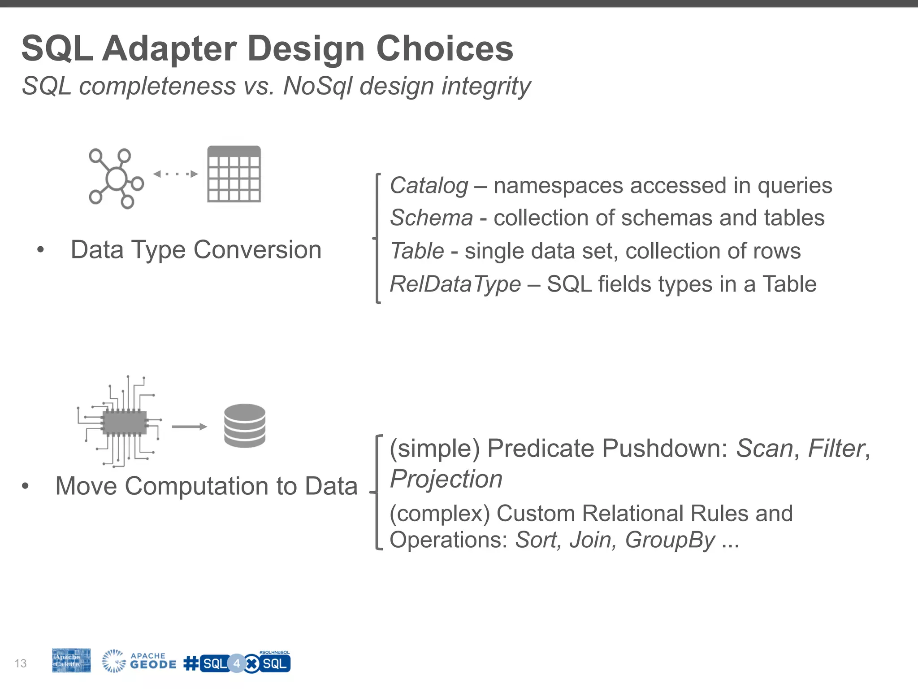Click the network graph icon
(x=116, y=179)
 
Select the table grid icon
(x=234, y=174)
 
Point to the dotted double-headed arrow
(x=175, y=174)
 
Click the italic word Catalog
(x=429, y=186)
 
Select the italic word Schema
(x=431, y=218)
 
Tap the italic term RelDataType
(x=455, y=284)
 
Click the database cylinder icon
(x=245, y=426)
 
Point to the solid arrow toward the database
(x=189, y=427)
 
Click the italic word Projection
(x=446, y=479)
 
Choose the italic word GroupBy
(x=670, y=540)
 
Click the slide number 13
(x=21, y=663)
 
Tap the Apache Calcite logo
(x=71, y=660)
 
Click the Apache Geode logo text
(x=152, y=661)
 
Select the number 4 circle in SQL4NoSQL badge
(x=237, y=664)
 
